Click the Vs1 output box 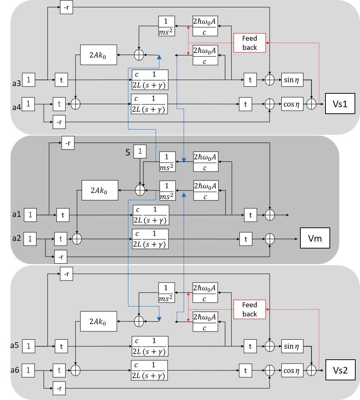pos(340,104)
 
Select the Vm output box pos(315,238)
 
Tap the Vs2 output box pos(340,370)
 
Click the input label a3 pos(16,83)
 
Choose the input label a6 pos(15,369)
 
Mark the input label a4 pos(16,107)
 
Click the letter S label pos(128,152)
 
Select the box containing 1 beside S pos(140,151)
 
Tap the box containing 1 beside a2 pos(30,239)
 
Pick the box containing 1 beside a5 pos(28,346)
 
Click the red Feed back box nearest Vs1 pos(249,43)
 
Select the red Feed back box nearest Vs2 pos(249,310)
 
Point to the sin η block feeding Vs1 pos(292,80)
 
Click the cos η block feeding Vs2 pos(292,370)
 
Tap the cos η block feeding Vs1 pos(292,104)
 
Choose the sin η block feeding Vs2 pos(292,346)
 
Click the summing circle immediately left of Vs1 pos(311,104)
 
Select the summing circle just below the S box pos(140,190)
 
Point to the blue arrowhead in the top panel pos(159,57)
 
